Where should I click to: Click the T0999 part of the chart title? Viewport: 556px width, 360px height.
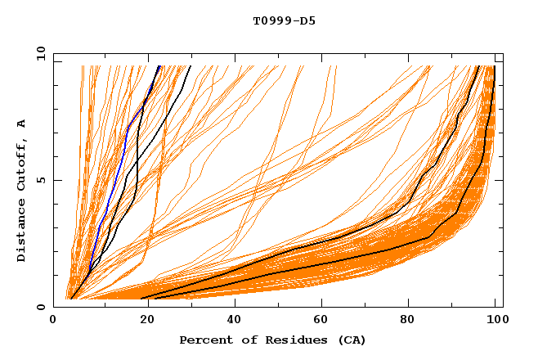pyautogui.click(x=269, y=20)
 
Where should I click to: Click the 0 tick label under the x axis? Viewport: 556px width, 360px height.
pyautogui.click(x=54, y=321)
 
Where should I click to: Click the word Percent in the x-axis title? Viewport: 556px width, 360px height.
pyautogui.click(x=204, y=340)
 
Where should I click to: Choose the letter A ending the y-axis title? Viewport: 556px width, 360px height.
pyautogui.click(x=21, y=124)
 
